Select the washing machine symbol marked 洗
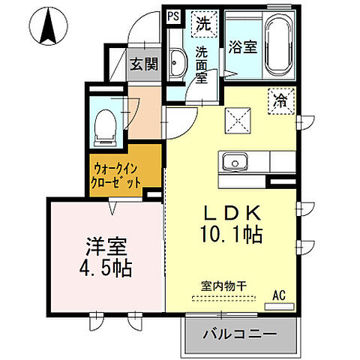[x=202, y=23]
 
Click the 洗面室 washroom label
[x=202, y=64]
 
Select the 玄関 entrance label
[x=143, y=64]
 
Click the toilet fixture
[x=103, y=123]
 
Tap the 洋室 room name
[x=104, y=245]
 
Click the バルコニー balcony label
[x=239, y=333]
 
